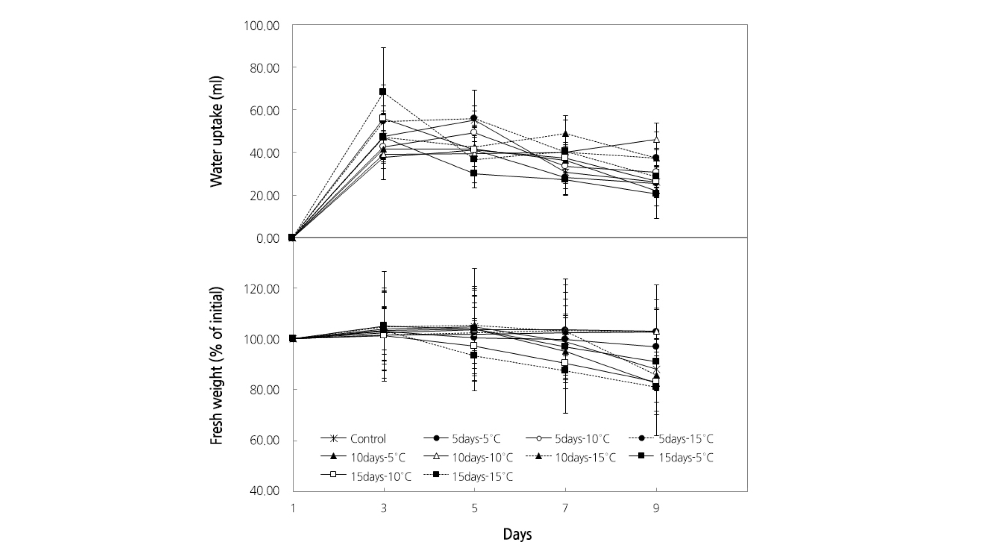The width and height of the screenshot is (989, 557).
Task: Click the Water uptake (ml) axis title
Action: point(217,131)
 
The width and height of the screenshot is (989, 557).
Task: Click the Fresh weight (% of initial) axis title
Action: point(217,366)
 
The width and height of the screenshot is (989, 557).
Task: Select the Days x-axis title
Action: point(517,534)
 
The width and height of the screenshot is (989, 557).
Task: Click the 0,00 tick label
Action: point(268,238)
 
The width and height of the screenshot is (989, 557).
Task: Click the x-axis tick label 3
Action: point(384,509)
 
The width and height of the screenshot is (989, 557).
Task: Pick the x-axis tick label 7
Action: point(565,509)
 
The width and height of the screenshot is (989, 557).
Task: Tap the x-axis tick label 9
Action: point(656,509)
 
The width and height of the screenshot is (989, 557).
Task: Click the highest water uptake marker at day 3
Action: point(383,91)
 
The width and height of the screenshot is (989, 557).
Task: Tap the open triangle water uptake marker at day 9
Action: point(656,139)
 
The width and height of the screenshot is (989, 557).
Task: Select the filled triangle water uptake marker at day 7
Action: point(565,134)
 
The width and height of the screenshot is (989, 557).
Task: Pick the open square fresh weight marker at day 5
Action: point(474,346)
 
